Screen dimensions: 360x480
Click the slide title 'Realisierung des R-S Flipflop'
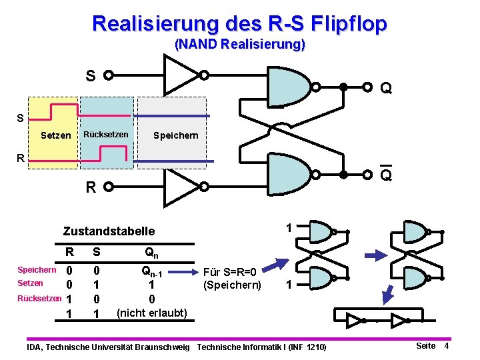point(239,24)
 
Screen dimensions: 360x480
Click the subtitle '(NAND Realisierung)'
point(239,45)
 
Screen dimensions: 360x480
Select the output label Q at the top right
point(385,88)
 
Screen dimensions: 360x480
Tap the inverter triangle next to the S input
point(179,75)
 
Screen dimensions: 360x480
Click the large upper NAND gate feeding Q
point(289,86)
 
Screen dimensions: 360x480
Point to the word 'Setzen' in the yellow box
point(56,135)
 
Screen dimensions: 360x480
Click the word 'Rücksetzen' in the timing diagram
point(105,135)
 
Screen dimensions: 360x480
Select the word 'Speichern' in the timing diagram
point(175,135)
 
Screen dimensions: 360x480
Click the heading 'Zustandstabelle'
point(109,231)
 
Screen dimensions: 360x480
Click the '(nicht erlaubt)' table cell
point(152,312)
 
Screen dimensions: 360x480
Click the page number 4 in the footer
point(447,345)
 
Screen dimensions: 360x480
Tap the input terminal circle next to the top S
point(107,75)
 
